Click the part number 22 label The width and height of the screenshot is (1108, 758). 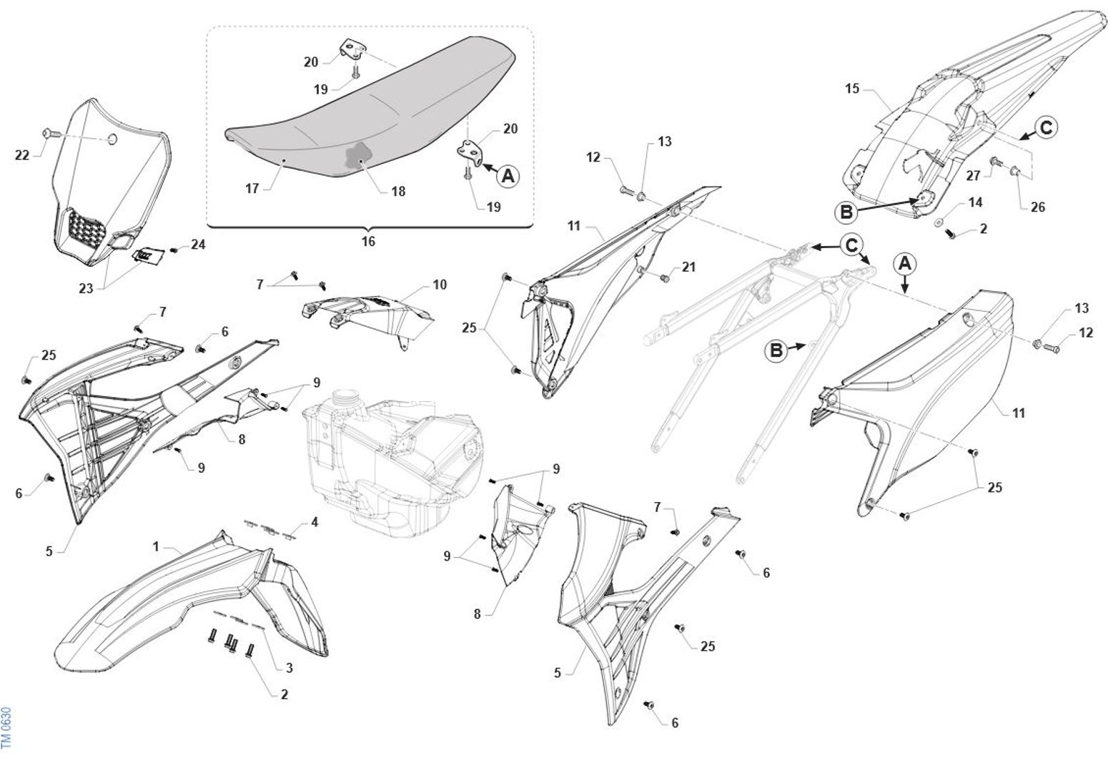[22, 154]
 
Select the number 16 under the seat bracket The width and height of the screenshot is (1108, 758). [368, 242]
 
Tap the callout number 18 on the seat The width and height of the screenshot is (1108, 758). [398, 191]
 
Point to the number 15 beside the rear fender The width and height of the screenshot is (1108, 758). [852, 89]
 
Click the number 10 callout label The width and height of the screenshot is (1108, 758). [440, 285]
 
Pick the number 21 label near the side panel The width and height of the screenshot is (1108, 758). [688, 267]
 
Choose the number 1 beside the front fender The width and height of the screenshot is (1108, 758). [156, 546]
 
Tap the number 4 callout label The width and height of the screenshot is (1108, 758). [315, 522]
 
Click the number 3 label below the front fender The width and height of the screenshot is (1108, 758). [289, 668]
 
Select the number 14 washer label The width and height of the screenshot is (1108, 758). [975, 203]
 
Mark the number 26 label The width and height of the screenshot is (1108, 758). [1038, 207]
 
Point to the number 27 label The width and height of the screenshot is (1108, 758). [974, 175]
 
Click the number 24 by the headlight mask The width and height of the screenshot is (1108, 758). [198, 245]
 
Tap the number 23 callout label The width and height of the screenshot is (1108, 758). [86, 289]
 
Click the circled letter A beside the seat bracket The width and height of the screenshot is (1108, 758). [508, 175]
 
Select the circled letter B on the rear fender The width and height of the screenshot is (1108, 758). [846, 212]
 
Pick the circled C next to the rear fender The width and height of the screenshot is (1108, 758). [1045, 128]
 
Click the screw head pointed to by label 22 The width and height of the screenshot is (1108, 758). [48, 132]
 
